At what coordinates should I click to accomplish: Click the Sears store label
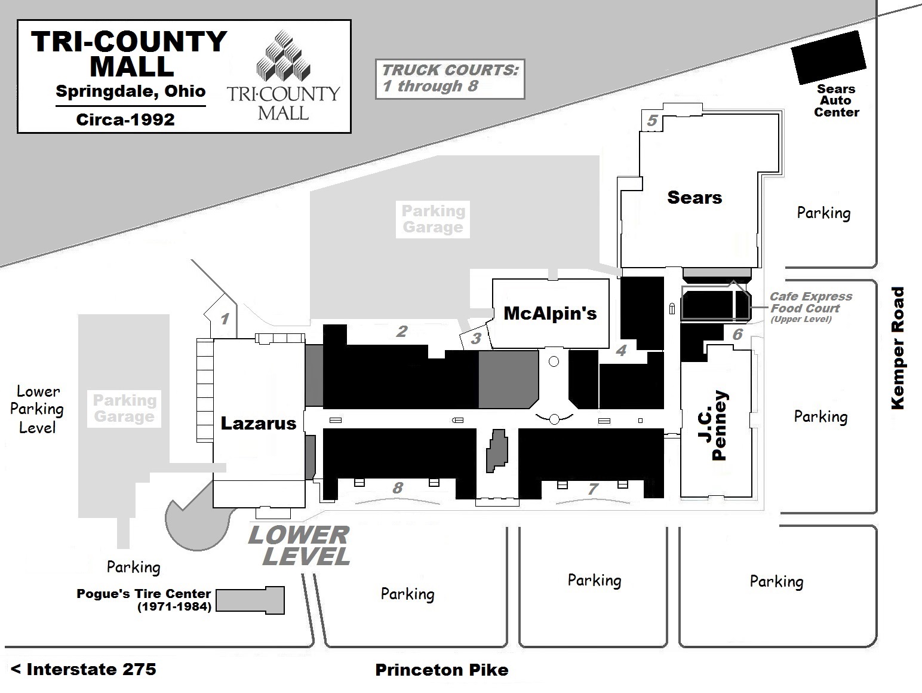pos(694,197)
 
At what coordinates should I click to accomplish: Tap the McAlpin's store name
pos(550,313)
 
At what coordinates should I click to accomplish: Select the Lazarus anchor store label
pos(258,423)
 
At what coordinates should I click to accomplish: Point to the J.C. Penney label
pos(721,425)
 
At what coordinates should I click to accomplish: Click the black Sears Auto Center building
pos(828,57)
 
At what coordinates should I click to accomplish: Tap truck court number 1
pos(225,318)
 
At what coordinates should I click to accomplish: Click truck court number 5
pos(651,121)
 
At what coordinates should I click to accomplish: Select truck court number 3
pos(476,339)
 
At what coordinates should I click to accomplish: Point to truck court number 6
pos(737,334)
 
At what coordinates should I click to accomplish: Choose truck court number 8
pos(398,488)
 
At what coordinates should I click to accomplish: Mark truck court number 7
pos(592,489)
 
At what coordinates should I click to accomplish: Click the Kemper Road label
pos(898,348)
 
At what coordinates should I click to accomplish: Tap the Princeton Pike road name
pos(441,670)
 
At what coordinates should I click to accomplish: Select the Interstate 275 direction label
pos(84,669)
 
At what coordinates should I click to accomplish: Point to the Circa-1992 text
pos(125,119)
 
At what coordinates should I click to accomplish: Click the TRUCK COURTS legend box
pos(450,78)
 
